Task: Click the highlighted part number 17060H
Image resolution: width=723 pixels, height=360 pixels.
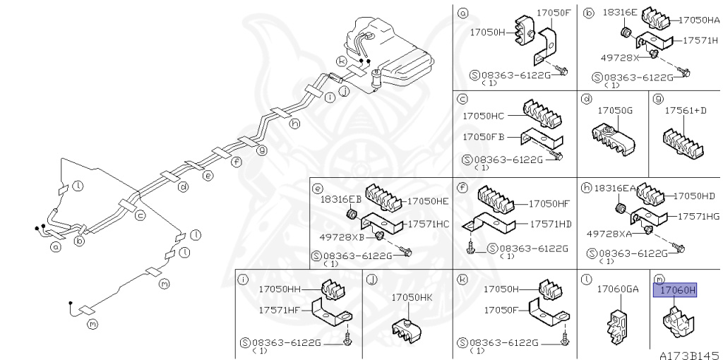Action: [x=675, y=289]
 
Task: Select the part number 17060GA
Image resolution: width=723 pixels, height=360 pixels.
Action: [x=617, y=289]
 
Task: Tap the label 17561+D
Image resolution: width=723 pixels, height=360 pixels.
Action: [x=686, y=111]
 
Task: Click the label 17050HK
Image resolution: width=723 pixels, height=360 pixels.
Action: [x=412, y=297]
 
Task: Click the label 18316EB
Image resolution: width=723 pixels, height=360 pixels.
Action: [x=341, y=200]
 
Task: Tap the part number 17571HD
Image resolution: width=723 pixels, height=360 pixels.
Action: [x=555, y=224]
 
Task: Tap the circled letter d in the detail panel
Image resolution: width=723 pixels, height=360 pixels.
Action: [x=585, y=100]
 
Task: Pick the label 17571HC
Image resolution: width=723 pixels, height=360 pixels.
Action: [x=426, y=224]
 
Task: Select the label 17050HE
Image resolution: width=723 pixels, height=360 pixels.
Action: [x=427, y=201]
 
